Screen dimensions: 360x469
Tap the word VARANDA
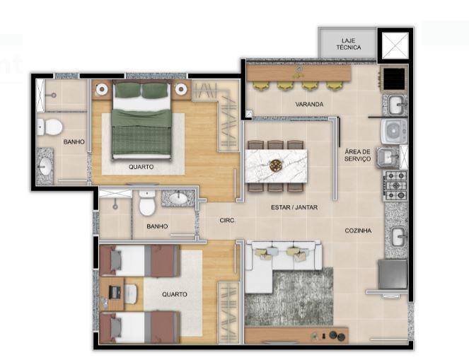309,105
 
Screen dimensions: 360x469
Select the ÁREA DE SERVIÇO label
357,156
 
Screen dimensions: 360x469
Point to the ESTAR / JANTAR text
294,208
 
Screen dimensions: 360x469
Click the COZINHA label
359,230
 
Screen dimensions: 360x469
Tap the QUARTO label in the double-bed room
142,168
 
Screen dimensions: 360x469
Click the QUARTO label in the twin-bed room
174,294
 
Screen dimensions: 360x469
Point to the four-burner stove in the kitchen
395,184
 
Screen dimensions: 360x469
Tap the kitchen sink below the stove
396,236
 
